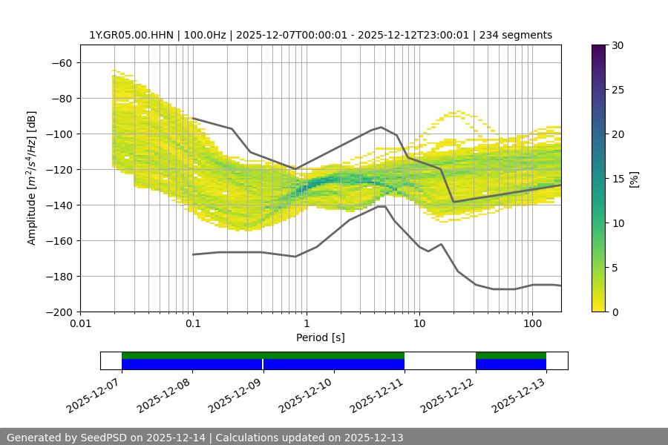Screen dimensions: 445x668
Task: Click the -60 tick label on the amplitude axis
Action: (x=63, y=62)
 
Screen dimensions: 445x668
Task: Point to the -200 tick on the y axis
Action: (x=60, y=311)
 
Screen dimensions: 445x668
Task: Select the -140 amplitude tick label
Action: (x=60, y=205)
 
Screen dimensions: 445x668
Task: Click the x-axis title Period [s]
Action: (x=320, y=337)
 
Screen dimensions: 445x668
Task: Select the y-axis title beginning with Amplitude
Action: (x=32, y=178)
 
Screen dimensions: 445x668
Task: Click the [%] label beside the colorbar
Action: (x=633, y=179)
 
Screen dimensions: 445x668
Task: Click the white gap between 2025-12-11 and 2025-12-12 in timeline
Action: (x=439, y=360)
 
